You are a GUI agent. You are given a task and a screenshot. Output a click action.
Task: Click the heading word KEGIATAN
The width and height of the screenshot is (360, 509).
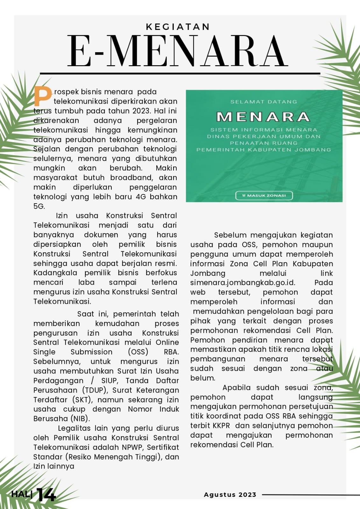pyautogui.click(x=178, y=27)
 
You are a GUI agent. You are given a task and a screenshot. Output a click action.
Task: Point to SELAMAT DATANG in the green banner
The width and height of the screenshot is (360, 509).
pyautogui.click(x=264, y=102)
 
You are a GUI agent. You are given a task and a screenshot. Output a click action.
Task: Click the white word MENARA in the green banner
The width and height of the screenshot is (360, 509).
pyautogui.click(x=263, y=117)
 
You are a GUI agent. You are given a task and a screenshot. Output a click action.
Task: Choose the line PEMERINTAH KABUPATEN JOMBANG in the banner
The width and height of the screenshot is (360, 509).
pyautogui.click(x=264, y=150)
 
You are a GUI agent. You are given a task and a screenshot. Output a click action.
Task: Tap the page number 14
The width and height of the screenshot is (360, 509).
pyautogui.click(x=46, y=495)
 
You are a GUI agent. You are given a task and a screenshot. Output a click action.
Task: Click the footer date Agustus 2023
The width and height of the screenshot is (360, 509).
pyautogui.click(x=230, y=495)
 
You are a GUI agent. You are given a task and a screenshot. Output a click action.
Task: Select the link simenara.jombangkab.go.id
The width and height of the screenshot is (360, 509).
pyautogui.click(x=243, y=283)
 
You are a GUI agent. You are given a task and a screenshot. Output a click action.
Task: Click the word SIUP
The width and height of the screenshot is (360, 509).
pyautogui.click(x=109, y=380)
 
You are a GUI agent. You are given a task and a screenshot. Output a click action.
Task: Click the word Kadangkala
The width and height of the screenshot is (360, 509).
pyautogui.click(x=55, y=273)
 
